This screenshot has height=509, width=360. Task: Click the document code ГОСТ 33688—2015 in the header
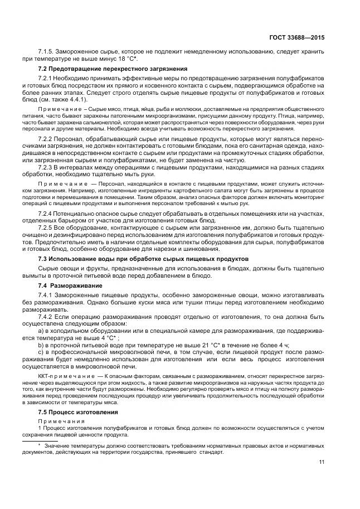click(x=296, y=37)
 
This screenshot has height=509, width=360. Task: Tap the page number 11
click(x=322, y=462)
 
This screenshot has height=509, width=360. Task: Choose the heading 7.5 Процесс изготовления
click(x=77, y=411)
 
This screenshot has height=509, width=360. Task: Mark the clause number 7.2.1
click(x=45, y=77)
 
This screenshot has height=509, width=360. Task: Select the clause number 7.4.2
click(x=45, y=316)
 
